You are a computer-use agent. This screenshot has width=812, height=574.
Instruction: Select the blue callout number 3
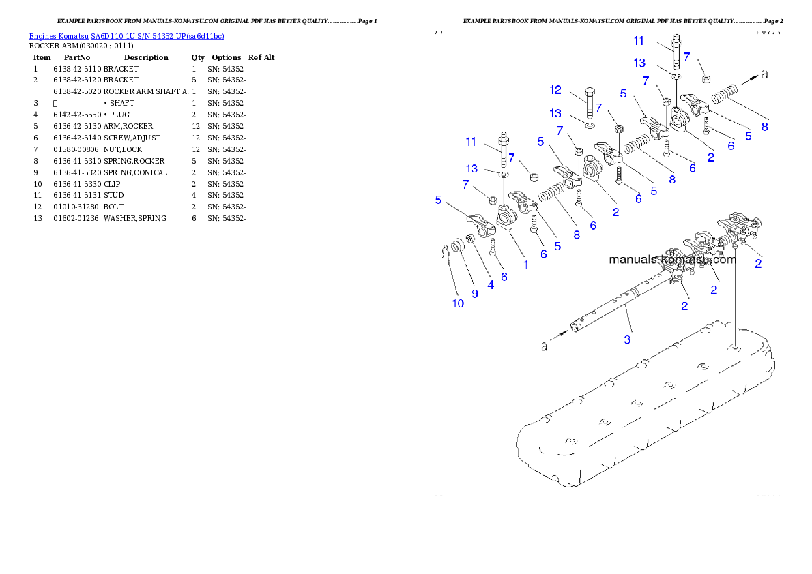627,338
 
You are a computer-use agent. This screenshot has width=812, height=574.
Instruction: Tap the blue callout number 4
491,286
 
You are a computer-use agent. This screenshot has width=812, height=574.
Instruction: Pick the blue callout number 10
458,303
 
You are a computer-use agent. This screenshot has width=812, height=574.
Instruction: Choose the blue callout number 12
555,89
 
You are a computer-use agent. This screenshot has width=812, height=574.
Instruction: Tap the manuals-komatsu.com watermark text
671,260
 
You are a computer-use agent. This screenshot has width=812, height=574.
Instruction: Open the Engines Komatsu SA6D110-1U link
126,35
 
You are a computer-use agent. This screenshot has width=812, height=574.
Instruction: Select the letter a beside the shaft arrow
544,347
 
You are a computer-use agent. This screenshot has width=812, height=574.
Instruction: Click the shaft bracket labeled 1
507,220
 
